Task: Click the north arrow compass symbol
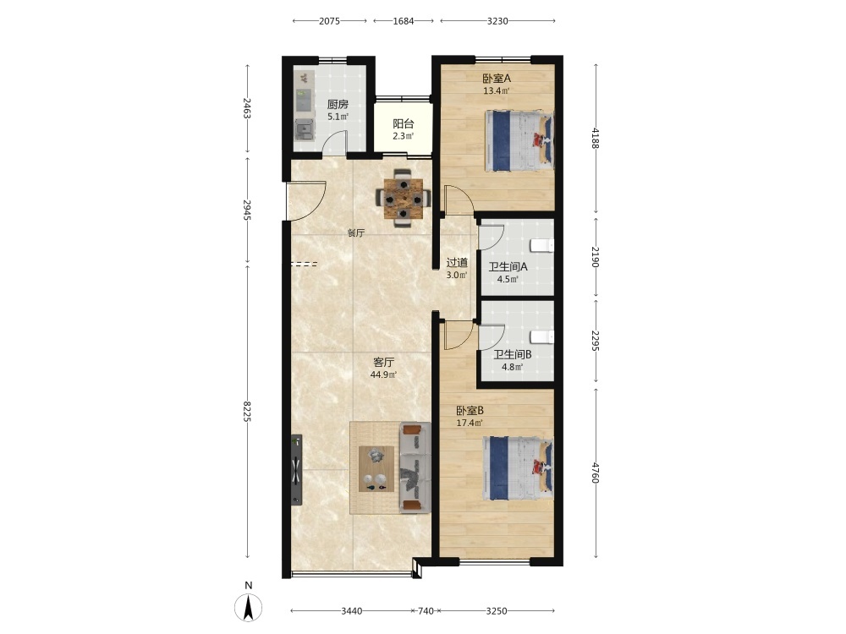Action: (x=248, y=607)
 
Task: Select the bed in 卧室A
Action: (x=519, y=140)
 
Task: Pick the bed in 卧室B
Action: (x=518, y=467)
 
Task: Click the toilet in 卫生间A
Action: (x=541, y=246)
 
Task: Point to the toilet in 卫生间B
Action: (x=541, y=337)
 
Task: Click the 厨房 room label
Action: (x=338, y=105)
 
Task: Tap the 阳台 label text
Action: (x=403, y=124)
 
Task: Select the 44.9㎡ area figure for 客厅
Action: (x=383, y=374)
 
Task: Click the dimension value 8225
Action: (x=248, y=412)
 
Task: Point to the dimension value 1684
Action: (x=403, y=21)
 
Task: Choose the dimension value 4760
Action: (x=596, y=473)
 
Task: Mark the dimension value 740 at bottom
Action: (x=426, y=611)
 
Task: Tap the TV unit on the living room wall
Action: (x=296, y=469)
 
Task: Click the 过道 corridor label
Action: (x=457, y=263)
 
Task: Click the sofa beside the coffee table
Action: (x=415, y=467)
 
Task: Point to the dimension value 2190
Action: (x=596, y=257)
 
